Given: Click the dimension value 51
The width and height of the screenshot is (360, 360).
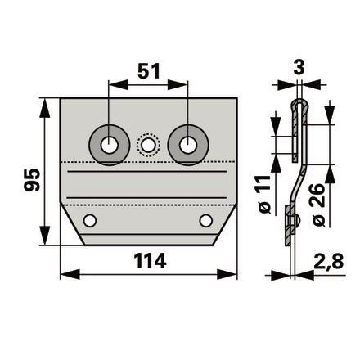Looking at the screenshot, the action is (x=149, y=71).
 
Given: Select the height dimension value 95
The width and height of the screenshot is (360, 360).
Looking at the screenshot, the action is (x=32, y=180).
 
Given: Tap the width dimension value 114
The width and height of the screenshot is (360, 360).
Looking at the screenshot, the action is (x=150, y=261).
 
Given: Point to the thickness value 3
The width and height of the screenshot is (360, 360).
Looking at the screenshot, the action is (x=299, y=68).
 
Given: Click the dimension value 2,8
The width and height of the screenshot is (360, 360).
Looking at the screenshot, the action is (x=329, y=261).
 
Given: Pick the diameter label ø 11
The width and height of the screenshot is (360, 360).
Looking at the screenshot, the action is (x=263, y=194).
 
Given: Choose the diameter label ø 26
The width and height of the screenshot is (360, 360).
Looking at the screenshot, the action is (x=318, y=205).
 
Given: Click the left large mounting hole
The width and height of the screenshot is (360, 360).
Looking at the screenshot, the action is (x=109, y=146).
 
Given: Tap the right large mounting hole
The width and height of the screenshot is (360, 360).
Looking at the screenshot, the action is (x=188, y=145).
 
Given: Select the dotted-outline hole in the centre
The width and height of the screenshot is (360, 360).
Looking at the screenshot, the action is (x=148, y=145).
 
